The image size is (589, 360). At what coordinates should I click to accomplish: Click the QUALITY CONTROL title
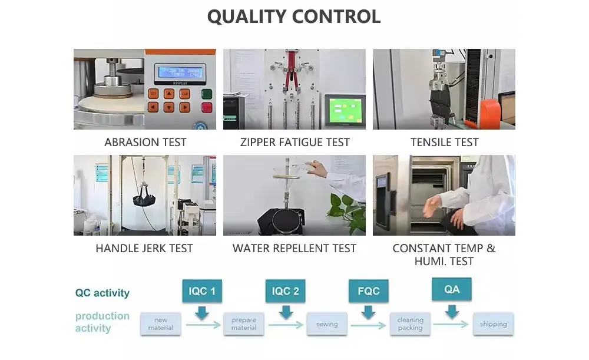[x=294, y=16]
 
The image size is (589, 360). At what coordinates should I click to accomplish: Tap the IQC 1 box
[x=202, y=291]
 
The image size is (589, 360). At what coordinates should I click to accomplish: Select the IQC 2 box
[x=286, y=291]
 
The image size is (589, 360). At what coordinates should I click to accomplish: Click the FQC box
[x=368, y=291]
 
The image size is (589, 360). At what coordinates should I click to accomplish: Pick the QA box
[x=452, y=290]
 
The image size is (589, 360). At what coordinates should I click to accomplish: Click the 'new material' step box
[x=161, y=324]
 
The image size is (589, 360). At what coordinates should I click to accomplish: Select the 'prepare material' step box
[x=244, y=324]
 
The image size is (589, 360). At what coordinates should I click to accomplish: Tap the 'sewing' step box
[x=327, y=324]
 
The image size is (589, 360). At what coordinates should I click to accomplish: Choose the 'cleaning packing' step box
[x=410, y=324]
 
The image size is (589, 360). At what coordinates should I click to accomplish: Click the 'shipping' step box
[x=493, y=324]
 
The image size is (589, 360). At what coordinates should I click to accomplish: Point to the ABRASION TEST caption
[x=145, y=143]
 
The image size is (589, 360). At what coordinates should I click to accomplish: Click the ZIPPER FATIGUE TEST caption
[x=294, y=143]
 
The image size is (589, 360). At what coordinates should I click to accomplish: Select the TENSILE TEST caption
[x=444, y=143]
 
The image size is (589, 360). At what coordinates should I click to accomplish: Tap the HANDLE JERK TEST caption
[x=144, y=249]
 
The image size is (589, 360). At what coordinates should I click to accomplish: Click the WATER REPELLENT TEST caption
[x=294, y=249]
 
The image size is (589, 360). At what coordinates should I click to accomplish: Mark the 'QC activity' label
[x=102, y=293]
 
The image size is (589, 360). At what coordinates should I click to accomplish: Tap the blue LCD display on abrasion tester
[x=178, y=72]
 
